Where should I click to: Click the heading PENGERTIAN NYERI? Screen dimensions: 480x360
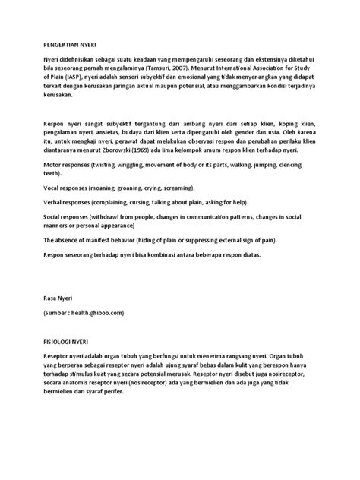70,46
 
